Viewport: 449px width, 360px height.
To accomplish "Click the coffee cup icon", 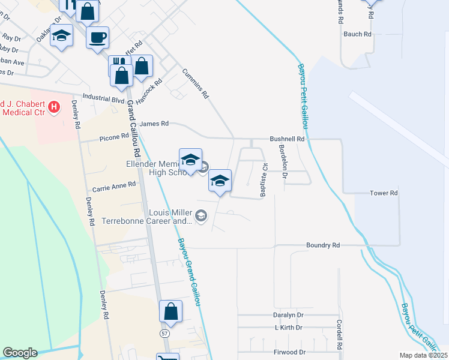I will pos(97,38).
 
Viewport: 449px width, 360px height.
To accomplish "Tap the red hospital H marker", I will pos(55,107).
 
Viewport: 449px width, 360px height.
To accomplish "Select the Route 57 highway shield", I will pos(164,332).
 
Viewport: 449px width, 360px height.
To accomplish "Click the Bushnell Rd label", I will pos(288,139).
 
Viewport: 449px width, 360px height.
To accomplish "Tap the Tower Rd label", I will pos(384,193).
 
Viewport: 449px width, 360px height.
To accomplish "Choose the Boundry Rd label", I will pos(323,245).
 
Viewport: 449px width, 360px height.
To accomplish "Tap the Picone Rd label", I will pos(113,136).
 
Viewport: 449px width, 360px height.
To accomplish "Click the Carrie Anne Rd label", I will pos(114,185).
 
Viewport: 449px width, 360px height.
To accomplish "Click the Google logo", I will pos(20,353).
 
